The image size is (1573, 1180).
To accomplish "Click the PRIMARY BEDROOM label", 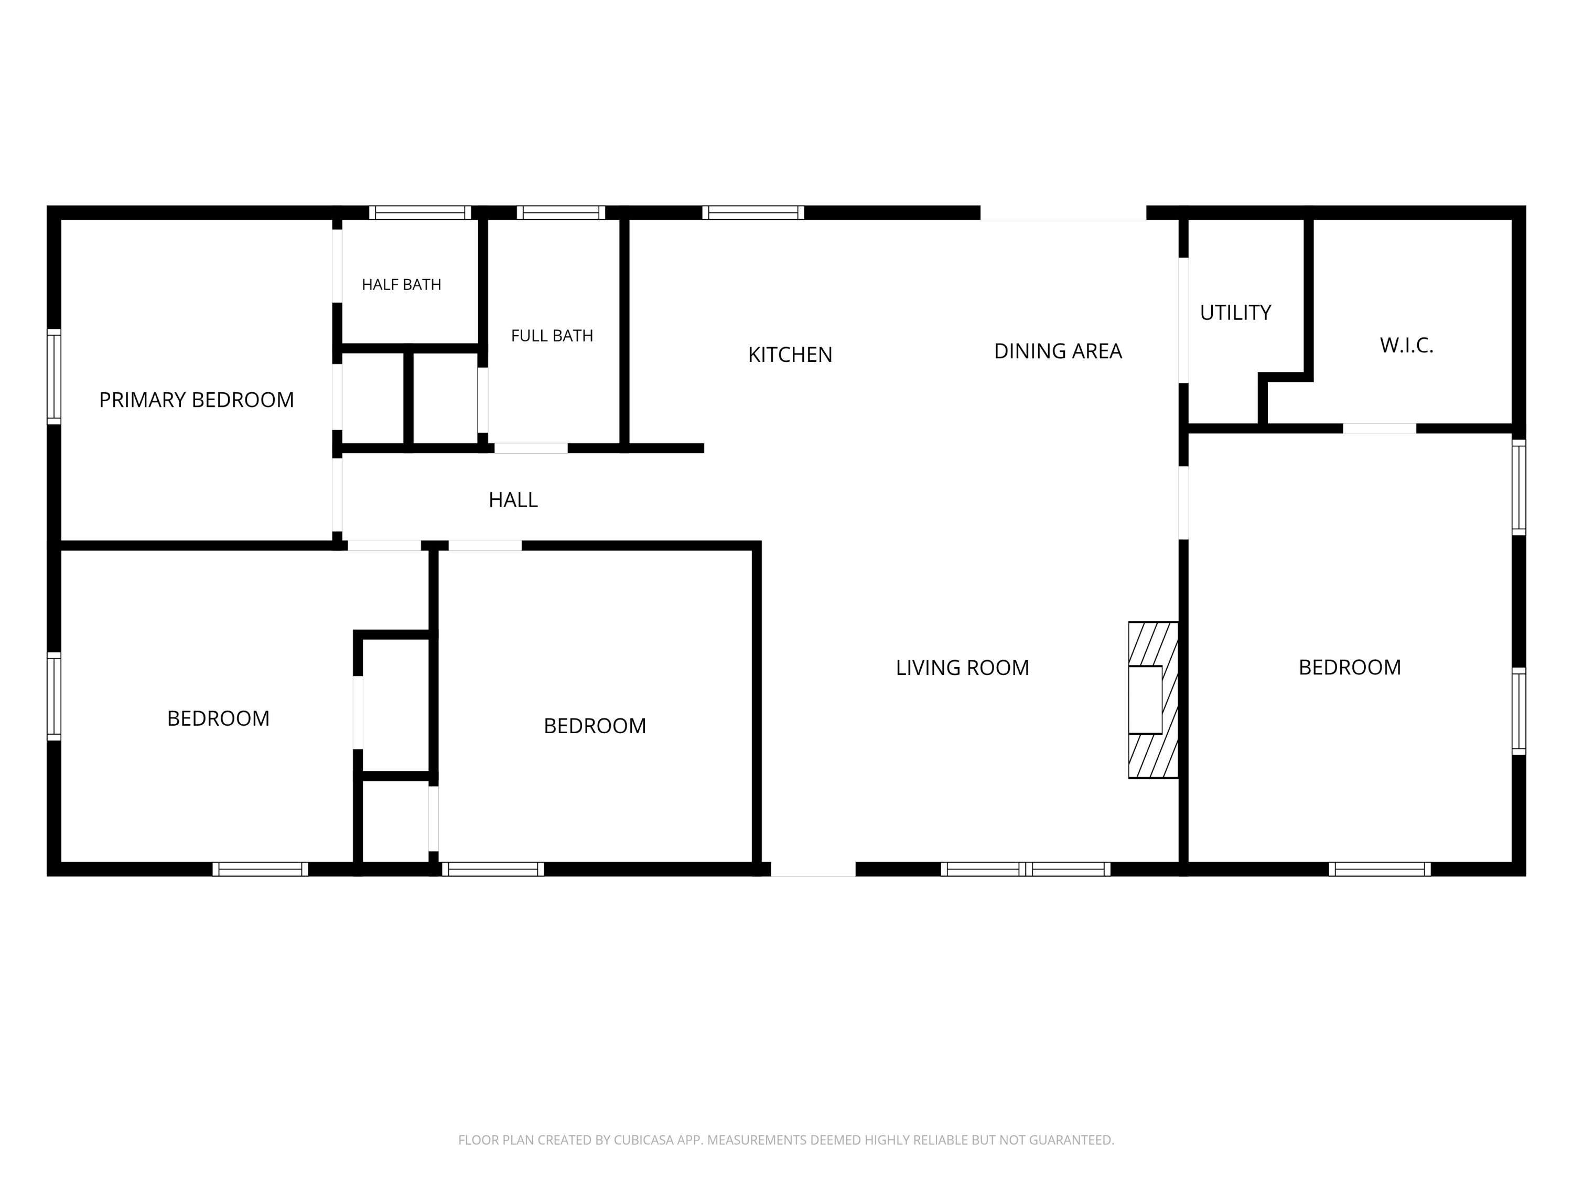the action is [x=196, y=400].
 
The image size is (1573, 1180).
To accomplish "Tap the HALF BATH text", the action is [x=401, y=284].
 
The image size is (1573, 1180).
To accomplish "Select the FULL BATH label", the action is [x=552, y=336].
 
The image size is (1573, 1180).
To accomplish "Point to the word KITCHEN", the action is [x=790, y=354].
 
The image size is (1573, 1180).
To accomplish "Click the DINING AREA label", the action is [x=1058, y=351].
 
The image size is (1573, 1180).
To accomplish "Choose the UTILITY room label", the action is [x=1235, y=312].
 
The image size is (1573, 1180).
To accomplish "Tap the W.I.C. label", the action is [x=1407, y=345].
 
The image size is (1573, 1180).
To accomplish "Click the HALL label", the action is [x=513, y=500].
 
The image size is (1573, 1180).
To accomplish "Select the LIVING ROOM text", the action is [x=962, y=667].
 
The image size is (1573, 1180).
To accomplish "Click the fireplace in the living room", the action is [x=1152, y=700].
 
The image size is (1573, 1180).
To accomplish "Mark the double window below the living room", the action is [x=1026, y=869].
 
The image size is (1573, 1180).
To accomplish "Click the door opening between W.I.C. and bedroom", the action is [x=1380, y=428].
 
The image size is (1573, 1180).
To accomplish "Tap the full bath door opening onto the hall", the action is [x=531, y=448].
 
